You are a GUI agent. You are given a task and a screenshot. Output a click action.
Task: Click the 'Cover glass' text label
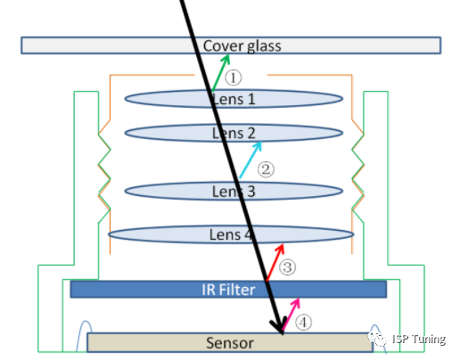tap(242, 46)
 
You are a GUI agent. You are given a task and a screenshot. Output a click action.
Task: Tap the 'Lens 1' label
tap(234, 99)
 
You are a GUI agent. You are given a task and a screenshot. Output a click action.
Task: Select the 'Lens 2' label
tap(234, 133)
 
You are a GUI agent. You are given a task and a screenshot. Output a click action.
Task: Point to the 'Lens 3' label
tap(234, 192)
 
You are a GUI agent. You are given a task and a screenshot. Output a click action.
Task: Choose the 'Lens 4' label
tap(231, 234)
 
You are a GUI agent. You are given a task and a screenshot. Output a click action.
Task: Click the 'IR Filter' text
tap(228, 290)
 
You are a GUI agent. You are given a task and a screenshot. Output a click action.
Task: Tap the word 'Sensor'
tap(230, 343)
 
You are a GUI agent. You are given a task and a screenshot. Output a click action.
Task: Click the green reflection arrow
tap(220, 73)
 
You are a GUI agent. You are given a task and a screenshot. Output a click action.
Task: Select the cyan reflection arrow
tap(251, 160)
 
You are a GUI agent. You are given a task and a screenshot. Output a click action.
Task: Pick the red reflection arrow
tap(275, 262)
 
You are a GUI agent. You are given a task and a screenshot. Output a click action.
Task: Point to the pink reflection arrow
tap(291, 314)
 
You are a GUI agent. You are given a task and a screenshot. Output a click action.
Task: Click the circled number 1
tap(233, 78)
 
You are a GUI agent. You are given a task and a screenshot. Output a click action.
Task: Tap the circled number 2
tap(266, 169)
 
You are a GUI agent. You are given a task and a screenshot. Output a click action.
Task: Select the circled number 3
tap(287, 266)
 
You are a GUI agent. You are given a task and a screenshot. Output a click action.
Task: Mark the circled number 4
tap(303, 323)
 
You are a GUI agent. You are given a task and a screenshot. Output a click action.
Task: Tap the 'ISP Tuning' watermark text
tap(419, 339)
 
